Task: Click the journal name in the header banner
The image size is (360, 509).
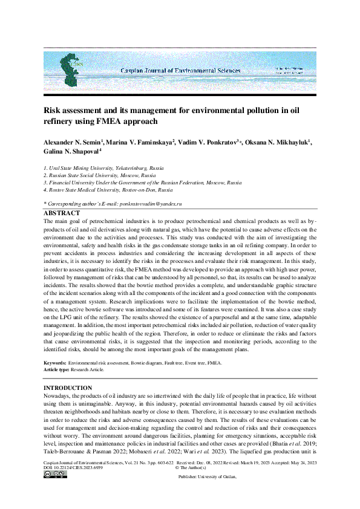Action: [180, 71]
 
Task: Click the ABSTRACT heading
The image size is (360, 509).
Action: [62, 213]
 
